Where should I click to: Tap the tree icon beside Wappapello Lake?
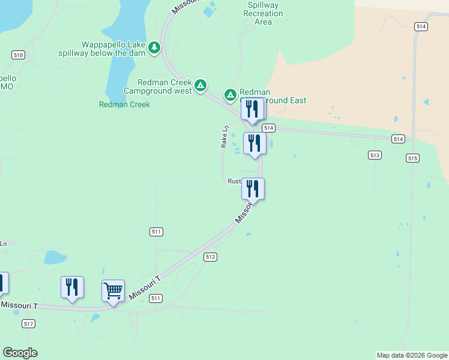(x=155, y=46)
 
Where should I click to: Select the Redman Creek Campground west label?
(x=158, y=86)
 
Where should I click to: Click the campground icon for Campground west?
(x=201, y=85)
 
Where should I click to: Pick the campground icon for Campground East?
(x=231, y=95)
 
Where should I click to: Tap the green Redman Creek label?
(x=124, y=104)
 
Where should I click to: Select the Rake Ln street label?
(x=225, y=137)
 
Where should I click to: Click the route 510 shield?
(x=18, y=55)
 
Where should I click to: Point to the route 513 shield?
(x=375, y=155)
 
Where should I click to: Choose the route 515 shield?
(x=412, y=158)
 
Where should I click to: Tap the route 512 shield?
(x=209, y=257)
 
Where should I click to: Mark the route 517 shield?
(x=28, y=324)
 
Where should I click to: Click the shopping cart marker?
(x=113, y=292)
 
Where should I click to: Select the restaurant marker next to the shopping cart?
(x=72, y=287)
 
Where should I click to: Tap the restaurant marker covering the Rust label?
(x=253, y=190)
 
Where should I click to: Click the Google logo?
(x=20, y=353)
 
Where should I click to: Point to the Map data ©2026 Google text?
(x=412, y=355)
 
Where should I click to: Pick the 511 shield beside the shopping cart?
(x=155, y=298)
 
